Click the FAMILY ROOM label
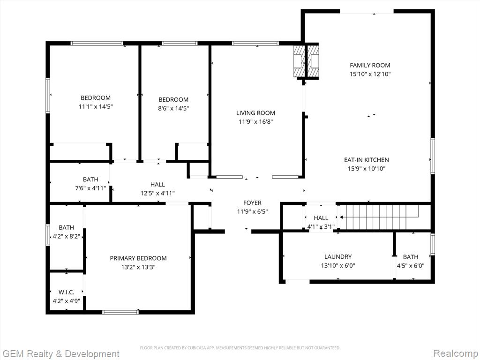tap(370, 65)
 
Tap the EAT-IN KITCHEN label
tap(367, 160)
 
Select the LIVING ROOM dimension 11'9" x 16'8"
tap(255, 122)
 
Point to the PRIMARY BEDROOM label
tap(138, 258)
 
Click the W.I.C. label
tap(67, 292)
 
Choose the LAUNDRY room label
tap(338, 257)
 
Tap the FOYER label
tap(252, 202)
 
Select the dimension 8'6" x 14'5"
tap(173, 108)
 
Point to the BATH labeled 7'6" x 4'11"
tap(90, 180)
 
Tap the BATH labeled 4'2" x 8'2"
tap(67, 227)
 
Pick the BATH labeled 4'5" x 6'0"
tap(411, 257)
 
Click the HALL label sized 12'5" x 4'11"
tap(157, 185)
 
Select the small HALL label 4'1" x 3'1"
tap(321, 218)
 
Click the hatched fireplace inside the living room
tap(299, 61)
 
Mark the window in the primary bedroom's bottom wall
tap(120, 312)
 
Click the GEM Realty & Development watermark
tap(60, 354)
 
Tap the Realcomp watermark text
tap(455, 353)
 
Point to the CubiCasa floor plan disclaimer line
tap(240, 348)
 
